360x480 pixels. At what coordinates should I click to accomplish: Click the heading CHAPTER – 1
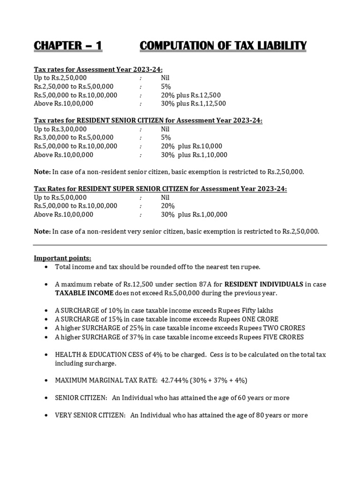click(x=67, y=45)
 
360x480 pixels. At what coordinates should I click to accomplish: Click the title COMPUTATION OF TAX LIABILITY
click(x=223, y=45)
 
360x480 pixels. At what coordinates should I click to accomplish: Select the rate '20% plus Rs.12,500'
click(x=191, y=95)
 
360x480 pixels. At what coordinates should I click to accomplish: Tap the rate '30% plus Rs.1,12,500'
click(x=193, y=104)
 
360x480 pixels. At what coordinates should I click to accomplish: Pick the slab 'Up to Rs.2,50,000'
click(x=60, y=78)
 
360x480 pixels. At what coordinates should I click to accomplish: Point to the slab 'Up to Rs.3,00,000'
click(x=60, y=129)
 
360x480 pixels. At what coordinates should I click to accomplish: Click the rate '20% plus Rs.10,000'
click(x=191, y=146)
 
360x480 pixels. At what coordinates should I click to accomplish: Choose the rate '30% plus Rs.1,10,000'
click(x=194, y=155)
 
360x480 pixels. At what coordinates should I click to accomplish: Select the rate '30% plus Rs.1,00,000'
click(x=194, y=214)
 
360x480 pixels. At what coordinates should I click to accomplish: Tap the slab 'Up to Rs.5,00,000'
click(x=60, y=197)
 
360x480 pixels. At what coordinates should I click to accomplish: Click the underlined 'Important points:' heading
click(x=62, y=258)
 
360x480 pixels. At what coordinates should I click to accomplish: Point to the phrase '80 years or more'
click(x=281, y=415)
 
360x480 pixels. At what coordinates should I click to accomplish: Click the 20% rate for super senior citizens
click(x=167, y=206)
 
